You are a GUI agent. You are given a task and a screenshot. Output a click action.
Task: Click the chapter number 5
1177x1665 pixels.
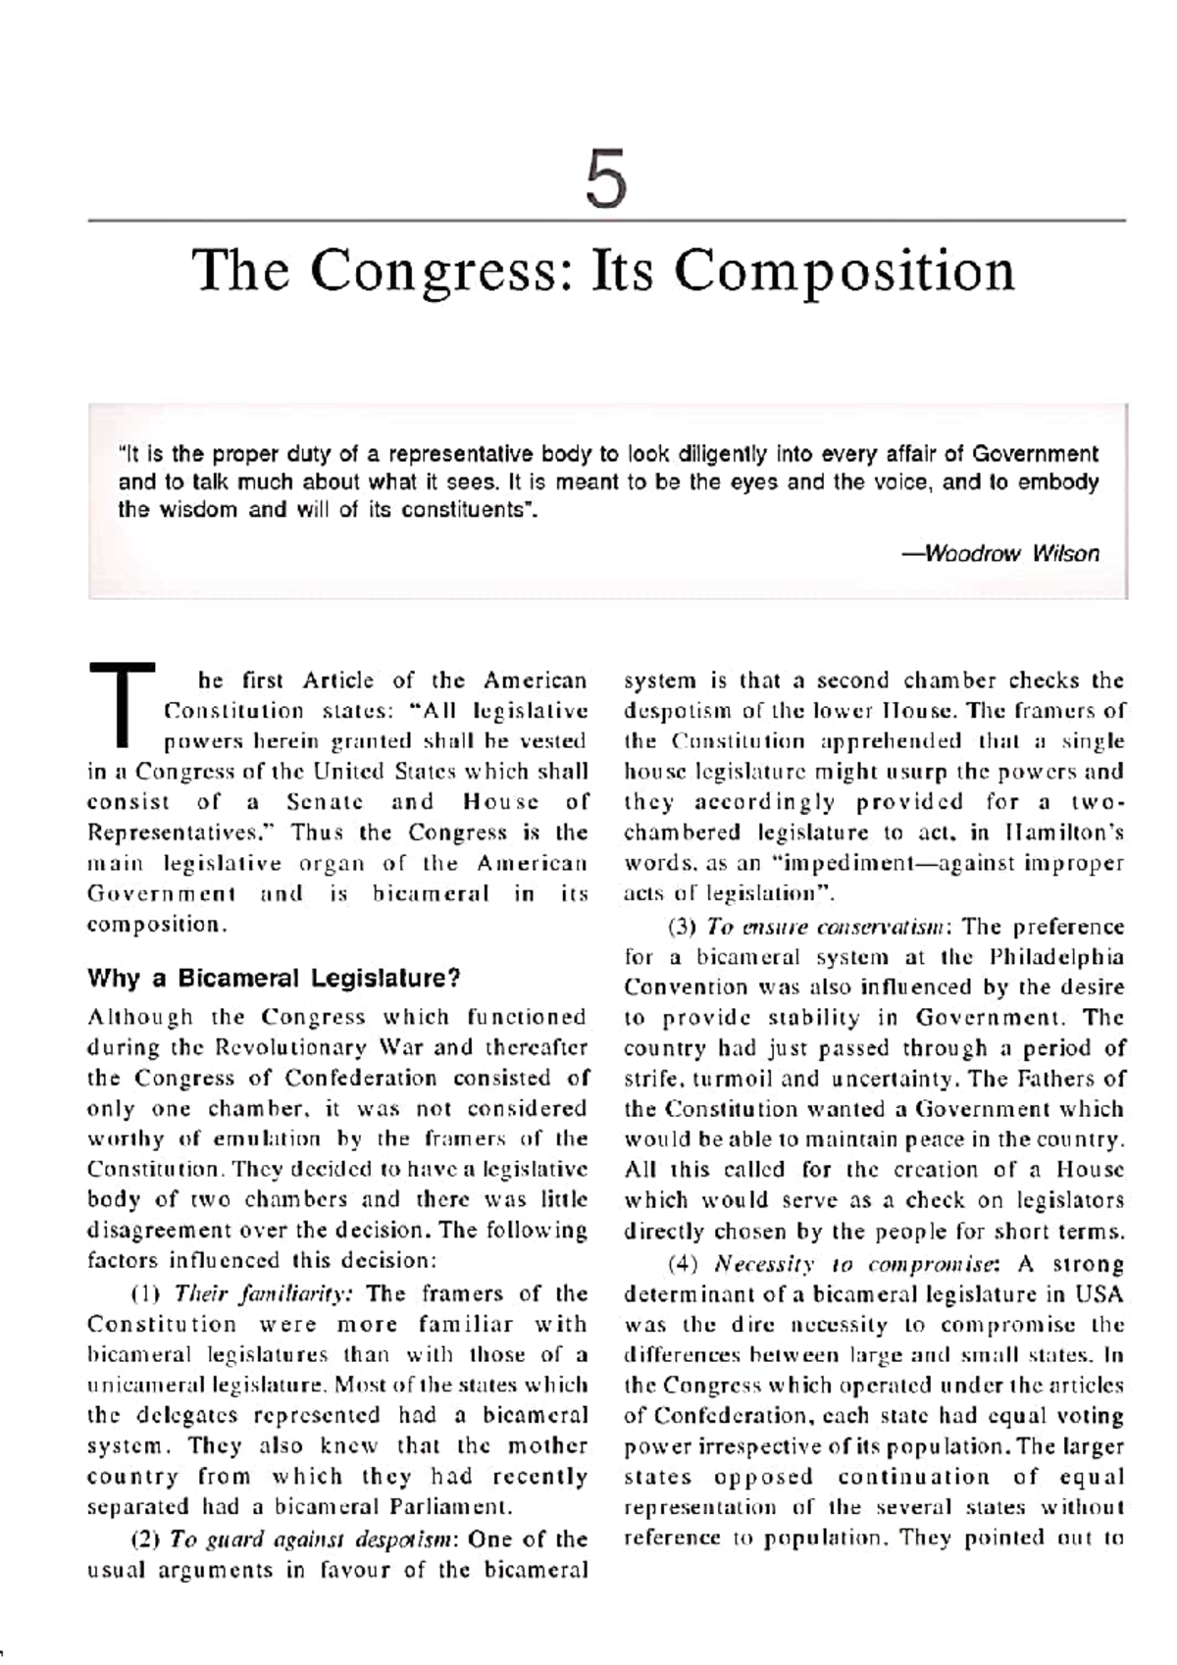tap(605, 182)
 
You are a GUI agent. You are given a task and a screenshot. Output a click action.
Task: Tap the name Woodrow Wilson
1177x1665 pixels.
tap(1011, 553)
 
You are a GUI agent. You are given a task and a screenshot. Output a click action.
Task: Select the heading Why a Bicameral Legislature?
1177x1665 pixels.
tap(274, 978)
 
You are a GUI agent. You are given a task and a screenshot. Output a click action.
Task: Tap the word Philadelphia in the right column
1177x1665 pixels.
tap(1057, 957)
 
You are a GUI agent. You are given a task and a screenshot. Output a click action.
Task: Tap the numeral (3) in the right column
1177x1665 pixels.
tap(682, 927)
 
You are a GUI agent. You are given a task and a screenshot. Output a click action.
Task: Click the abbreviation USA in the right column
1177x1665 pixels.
tap(1100, 1294)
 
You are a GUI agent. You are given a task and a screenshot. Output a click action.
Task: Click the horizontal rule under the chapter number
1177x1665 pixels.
tap(605, 221)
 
